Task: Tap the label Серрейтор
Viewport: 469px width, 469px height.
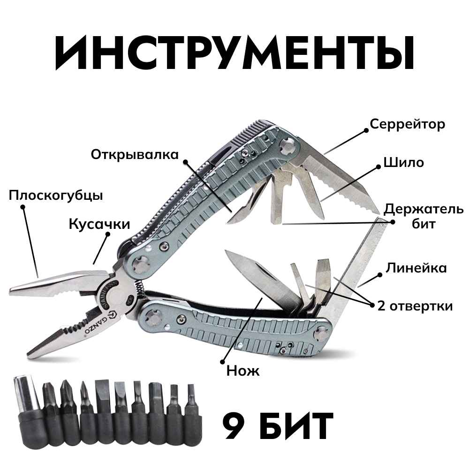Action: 407,124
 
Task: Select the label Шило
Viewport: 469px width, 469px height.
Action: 403,162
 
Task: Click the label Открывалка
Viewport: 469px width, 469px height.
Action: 135,154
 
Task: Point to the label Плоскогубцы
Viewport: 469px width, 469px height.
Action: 55,195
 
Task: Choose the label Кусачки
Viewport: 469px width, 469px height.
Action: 99,224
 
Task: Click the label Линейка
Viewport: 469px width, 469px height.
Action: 416,268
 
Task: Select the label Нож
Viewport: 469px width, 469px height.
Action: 242,371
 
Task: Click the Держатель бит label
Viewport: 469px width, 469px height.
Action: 424,216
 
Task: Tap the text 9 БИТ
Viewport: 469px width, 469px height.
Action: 278,424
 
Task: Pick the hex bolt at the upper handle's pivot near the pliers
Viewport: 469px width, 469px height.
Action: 139,264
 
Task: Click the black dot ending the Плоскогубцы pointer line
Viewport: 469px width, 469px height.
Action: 22,211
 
